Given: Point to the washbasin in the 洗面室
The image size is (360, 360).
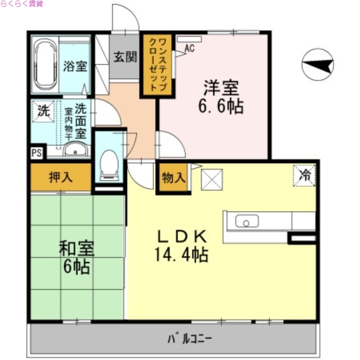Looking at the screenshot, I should point(74,150).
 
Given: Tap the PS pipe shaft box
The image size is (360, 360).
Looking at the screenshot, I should point(36,152).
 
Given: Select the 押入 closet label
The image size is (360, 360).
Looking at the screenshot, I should point(60,177).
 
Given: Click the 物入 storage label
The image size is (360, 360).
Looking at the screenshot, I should point(173,178).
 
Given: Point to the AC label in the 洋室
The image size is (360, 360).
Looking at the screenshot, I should point(189,48).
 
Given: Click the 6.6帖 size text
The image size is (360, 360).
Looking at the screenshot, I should point(221,106).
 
